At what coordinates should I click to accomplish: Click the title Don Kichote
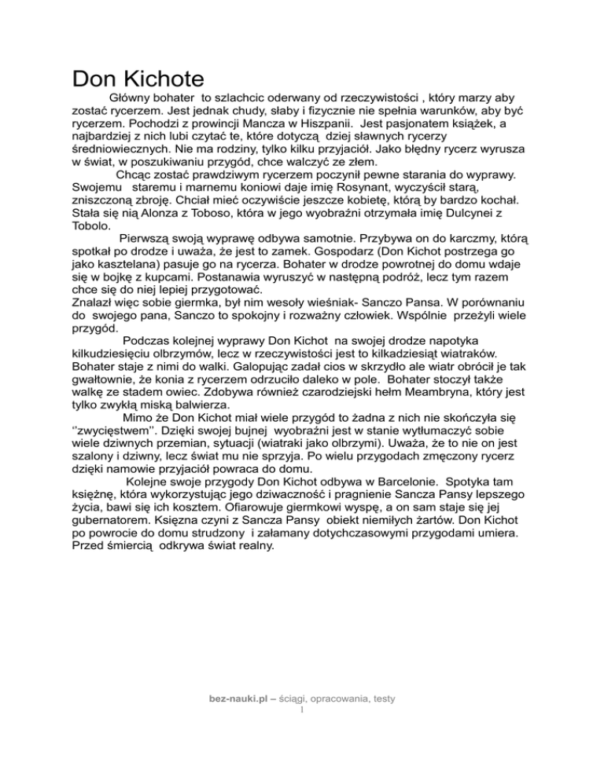(138, 79)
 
